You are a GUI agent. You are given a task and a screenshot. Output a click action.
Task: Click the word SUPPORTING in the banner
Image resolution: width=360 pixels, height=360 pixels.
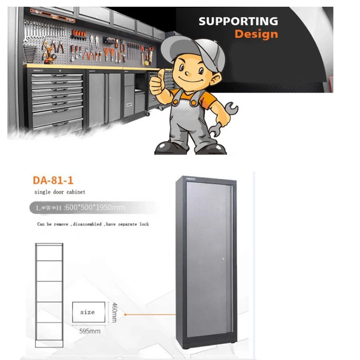click(238, 21)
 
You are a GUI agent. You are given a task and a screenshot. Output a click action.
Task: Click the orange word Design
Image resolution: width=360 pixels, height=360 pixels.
click(256, 34)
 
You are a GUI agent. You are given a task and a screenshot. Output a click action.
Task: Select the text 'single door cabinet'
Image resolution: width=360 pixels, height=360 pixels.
click(60, 192)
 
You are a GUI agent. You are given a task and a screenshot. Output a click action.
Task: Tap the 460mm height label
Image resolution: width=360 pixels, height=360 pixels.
click(114, 312)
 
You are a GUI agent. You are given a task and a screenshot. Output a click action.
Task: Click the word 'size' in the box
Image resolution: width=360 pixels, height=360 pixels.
click(88, 312)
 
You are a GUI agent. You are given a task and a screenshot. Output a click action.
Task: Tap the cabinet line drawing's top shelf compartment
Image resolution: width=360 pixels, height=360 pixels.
click(49, 252)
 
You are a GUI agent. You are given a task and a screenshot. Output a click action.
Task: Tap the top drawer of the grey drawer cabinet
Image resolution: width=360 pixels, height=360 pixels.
click(57, 77)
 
